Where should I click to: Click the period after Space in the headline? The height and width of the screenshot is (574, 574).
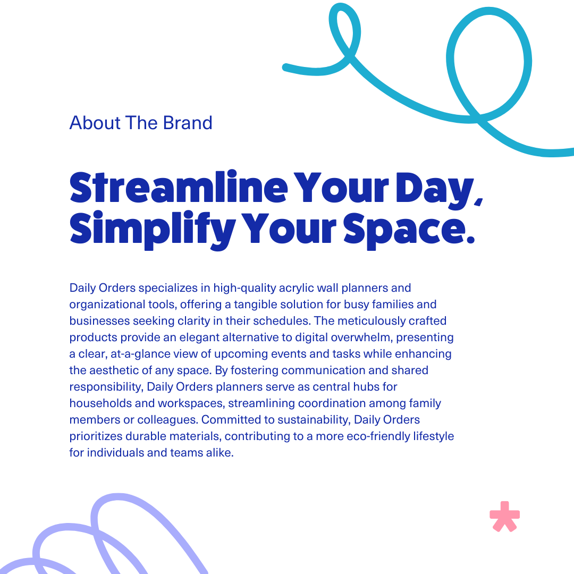click(469, 241)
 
